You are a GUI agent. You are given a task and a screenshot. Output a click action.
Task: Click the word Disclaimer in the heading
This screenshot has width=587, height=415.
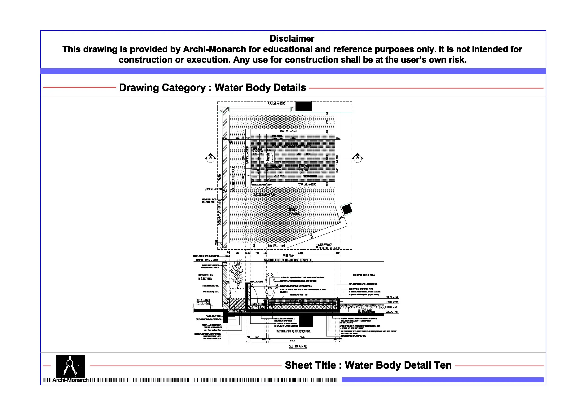(292, 39)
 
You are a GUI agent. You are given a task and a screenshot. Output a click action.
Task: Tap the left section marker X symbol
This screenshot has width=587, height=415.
(210, 157)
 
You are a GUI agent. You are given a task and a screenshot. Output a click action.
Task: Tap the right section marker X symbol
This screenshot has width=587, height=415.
(357, 157)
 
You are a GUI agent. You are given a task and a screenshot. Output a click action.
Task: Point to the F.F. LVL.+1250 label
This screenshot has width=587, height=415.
(276, 104)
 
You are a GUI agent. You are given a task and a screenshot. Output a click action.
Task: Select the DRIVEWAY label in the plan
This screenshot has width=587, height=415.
(326, 245)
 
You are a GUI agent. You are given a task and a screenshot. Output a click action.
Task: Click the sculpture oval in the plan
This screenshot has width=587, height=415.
(269, 157)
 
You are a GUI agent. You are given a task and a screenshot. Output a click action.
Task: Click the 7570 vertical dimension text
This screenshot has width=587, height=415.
(220, 177)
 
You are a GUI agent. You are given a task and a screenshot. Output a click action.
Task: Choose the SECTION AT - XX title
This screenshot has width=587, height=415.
(298, 346)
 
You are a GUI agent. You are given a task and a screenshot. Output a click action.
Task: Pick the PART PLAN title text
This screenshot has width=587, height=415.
(288, 256)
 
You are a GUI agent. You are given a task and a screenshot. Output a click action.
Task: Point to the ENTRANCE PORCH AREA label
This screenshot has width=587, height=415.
(364, 275)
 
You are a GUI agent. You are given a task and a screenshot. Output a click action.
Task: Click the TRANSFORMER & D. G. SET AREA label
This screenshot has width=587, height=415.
(205, 277)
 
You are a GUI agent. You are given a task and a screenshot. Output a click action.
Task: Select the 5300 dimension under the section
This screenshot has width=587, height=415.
(293, 341)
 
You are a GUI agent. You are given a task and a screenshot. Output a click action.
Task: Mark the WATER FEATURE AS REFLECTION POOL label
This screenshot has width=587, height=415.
(293, 331)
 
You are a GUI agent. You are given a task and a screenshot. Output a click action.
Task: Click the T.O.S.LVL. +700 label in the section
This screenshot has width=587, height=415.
(391, 312)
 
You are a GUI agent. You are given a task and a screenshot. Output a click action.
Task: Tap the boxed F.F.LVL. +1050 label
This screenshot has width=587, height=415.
(203, 300)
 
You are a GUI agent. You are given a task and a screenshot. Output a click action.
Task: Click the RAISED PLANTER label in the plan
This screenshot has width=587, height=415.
(293, 212)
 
